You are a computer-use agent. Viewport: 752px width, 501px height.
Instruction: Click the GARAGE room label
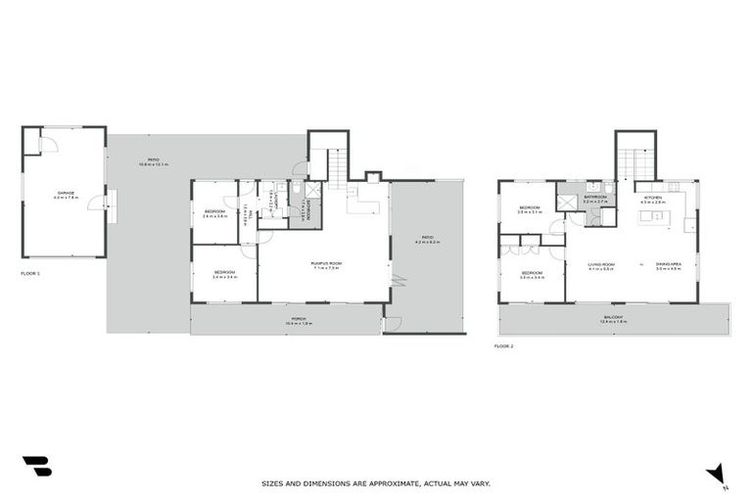(65, 194)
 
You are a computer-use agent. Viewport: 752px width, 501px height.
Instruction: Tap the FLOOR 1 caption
(31, 273)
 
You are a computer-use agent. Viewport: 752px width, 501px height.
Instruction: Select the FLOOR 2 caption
(504, 346)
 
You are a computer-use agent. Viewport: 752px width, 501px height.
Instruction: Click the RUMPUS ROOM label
(325, 263)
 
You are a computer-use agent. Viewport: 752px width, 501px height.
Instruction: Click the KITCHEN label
(653, 198)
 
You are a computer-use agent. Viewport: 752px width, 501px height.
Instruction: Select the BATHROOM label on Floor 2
(595, 198)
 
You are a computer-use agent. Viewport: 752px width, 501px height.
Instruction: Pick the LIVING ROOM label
(600, 264)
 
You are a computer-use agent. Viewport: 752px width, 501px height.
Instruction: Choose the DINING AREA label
(669, 264)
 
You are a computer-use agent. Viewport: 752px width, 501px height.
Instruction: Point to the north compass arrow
(718, 474)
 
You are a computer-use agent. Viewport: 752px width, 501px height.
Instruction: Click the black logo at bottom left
(37, 466)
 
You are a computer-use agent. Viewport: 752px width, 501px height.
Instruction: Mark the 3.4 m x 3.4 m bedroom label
(225, 275)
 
